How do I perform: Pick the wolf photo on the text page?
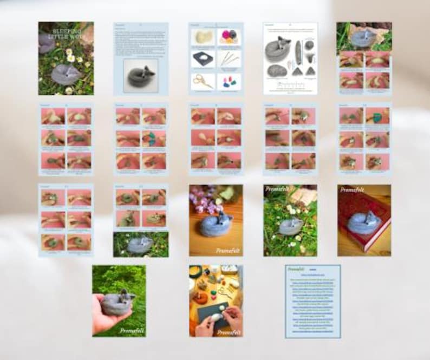click(x=140, y=75)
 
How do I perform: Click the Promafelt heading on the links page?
click(x=296, y=269)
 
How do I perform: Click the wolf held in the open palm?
click(x=119, y=302)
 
